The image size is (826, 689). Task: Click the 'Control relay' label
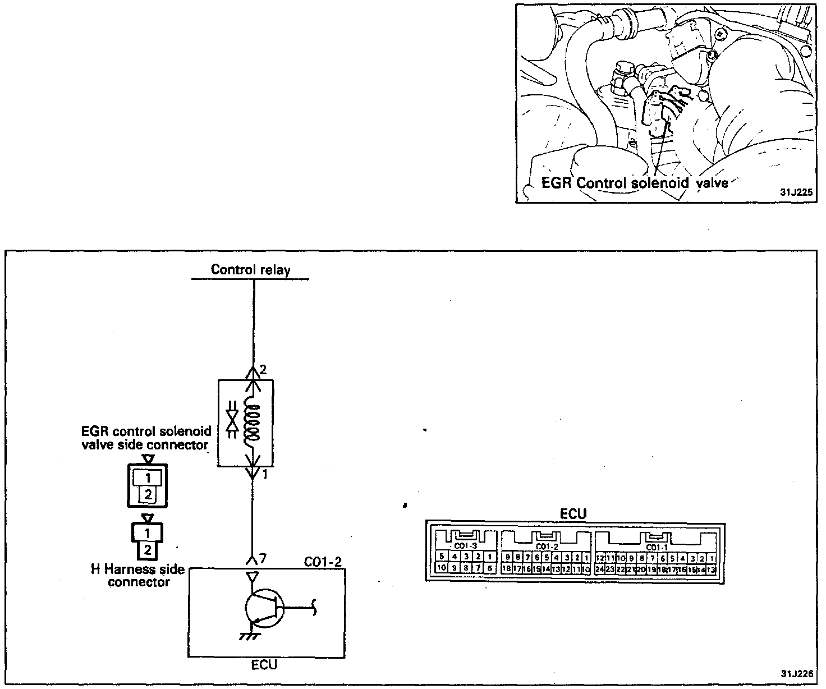250,270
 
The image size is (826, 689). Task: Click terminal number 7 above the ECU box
262,558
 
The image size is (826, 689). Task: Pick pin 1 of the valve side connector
148,477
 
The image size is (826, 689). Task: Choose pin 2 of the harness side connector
147,549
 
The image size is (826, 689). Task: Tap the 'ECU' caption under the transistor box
264,665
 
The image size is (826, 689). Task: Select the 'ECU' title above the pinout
573,514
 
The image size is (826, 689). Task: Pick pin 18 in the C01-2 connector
507,569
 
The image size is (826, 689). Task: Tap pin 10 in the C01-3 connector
441,568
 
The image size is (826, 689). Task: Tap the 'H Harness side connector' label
138,576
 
